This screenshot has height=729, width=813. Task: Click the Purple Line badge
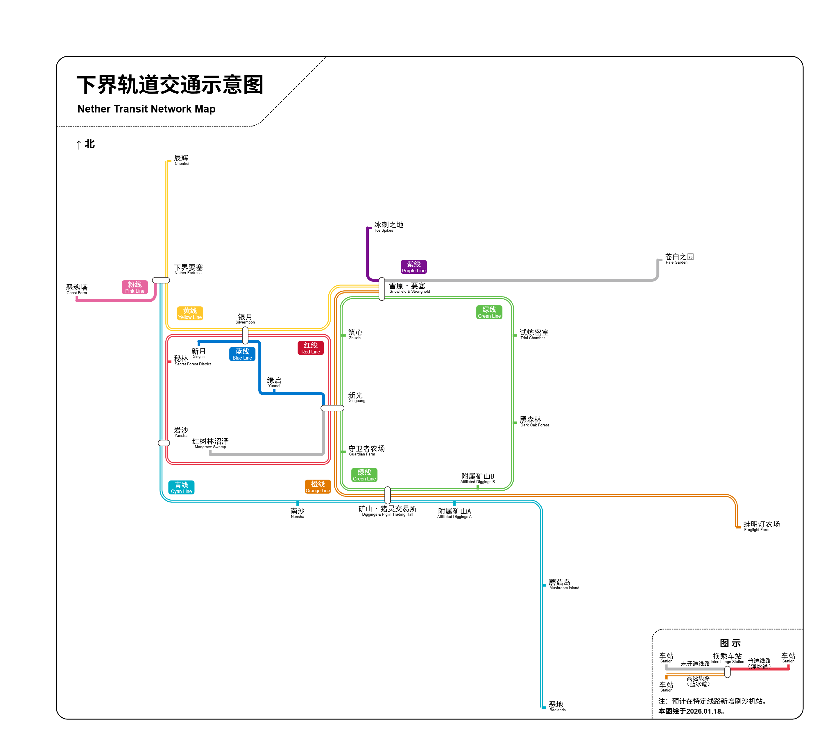413,267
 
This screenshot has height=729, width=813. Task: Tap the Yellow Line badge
190,313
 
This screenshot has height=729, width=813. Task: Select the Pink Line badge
135,287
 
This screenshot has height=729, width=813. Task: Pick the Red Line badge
310,348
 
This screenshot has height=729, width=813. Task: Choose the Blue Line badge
242,354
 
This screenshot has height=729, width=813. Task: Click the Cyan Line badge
181,487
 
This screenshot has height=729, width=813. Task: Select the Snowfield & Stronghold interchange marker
382,289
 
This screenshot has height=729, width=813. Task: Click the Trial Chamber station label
533,334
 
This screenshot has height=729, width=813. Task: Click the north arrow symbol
79,144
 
